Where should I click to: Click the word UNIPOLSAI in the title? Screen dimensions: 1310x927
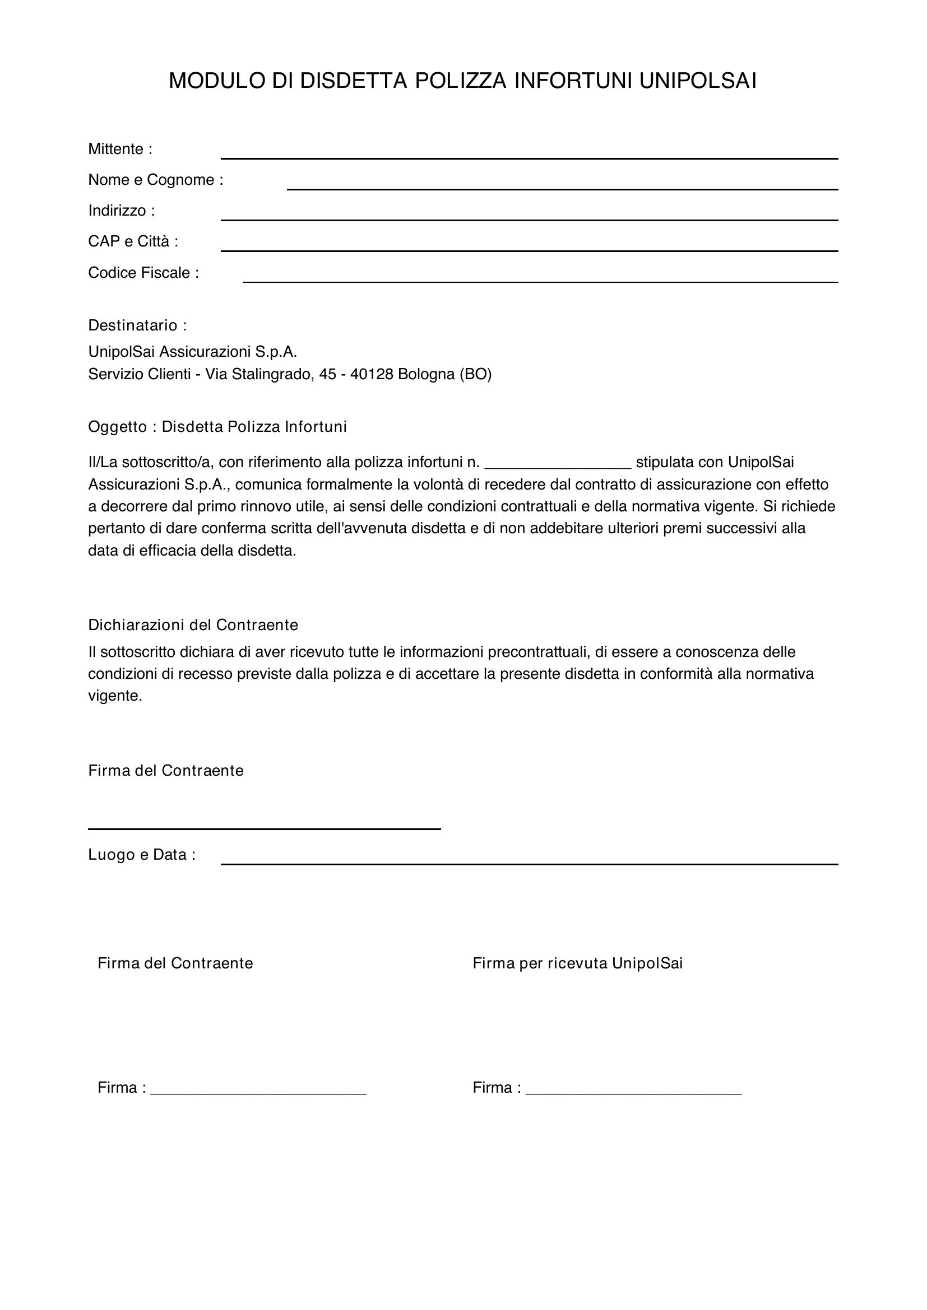point(698,81)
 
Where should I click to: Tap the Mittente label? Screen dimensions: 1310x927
point(120,149)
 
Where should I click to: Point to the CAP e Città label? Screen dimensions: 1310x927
point(133,241)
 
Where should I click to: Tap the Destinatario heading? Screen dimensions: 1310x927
point(137,325)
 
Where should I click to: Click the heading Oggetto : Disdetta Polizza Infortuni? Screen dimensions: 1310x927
point(217,427)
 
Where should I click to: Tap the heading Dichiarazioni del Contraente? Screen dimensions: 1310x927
point(193,625)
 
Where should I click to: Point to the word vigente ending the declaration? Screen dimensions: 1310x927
point(115,696)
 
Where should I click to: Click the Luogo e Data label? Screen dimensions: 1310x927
point(142,855)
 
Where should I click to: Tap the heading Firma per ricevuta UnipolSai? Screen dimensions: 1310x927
point(577,963)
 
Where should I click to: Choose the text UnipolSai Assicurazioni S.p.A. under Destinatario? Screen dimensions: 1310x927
point(192,352)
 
